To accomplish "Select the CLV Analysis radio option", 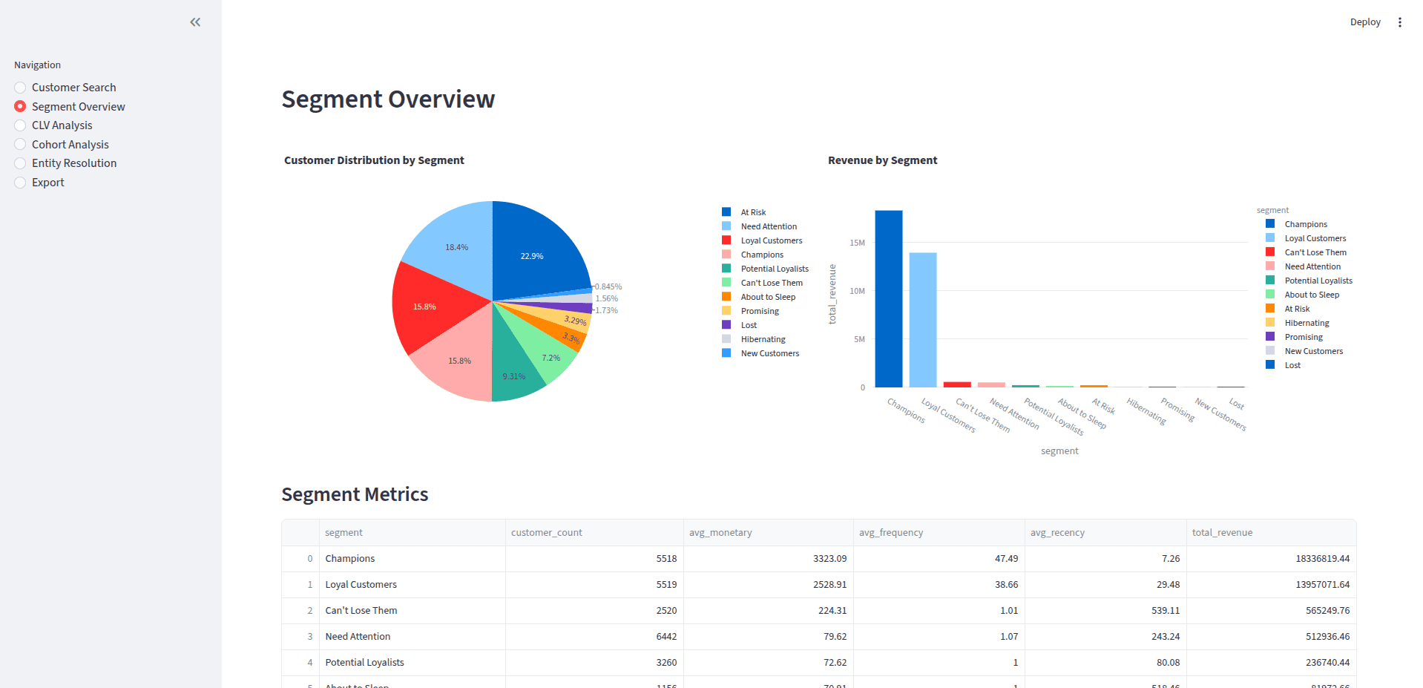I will [x=21, y=125].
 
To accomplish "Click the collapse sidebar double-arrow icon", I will [x=195, y=22].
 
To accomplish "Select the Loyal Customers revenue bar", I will [x=922, y=319].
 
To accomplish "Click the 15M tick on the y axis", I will [x=857, y=243].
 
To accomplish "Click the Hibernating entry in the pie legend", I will [x=763, y=339].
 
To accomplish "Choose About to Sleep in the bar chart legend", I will [x=1311, y=295].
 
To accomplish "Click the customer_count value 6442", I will [x=666, y=637].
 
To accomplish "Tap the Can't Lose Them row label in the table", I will [x=361, y=611].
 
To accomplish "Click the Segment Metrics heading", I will [x=355, y=494].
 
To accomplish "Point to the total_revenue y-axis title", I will [x=832, y=294].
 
